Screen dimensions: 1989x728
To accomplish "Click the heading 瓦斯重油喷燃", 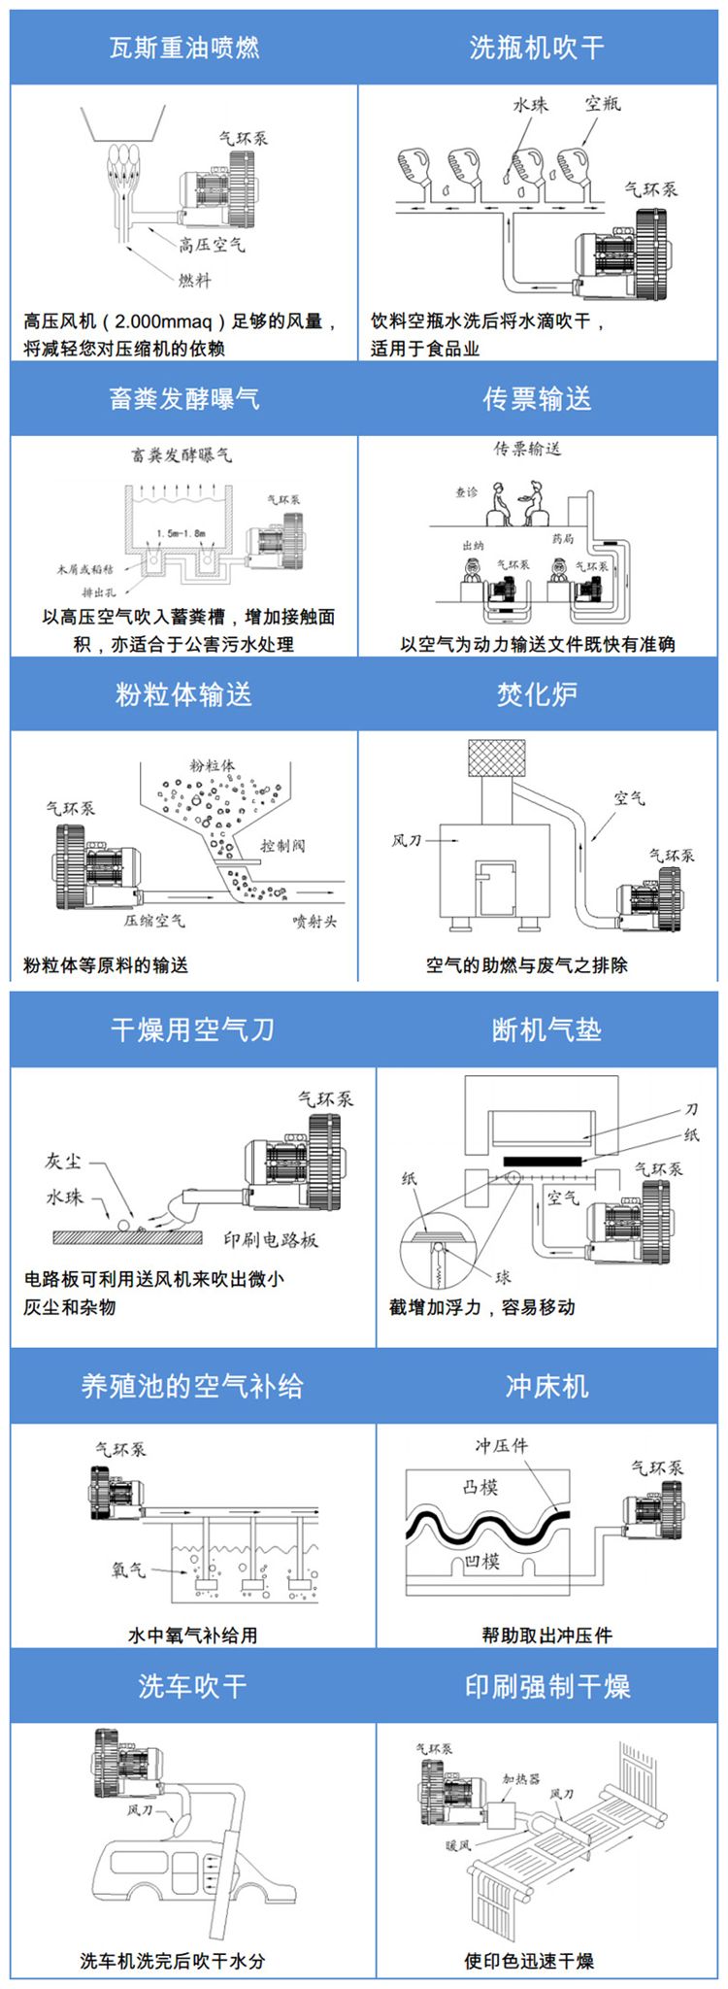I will click(x=183, y=48).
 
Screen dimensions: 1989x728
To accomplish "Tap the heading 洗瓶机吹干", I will click(x=537, y=48).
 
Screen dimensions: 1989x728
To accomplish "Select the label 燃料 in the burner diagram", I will click(x=194, y=280).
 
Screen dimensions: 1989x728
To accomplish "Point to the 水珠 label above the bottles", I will click(x=530, y=105).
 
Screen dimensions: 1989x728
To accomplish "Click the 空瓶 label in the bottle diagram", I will click(x=603, y=103).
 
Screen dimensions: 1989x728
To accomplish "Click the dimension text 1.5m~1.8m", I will click(x=181, y=533).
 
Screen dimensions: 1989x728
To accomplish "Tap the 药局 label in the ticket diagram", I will click(x=564, y=539).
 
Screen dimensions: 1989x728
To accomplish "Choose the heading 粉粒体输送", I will click(x=183, y=693).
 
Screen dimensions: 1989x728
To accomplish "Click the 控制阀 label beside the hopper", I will click(x=282, y=845).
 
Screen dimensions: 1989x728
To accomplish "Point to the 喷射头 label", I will click(x=314, y=921).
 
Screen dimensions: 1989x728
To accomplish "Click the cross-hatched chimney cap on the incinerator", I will click(x=497, y=759).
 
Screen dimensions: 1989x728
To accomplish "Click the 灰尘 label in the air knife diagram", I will click(x=65, y=1161).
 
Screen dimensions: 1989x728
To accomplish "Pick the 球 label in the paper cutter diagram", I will click(x=503, y=1276).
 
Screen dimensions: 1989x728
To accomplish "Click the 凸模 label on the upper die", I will click(x=480, y=1487).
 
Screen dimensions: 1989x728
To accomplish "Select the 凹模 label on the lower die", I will click(x=482, y=1561).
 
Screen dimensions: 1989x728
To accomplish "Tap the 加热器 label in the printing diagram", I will click(x=521, y=1778).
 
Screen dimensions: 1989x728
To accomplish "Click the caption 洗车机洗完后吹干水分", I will click(x=173, y=1961).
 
